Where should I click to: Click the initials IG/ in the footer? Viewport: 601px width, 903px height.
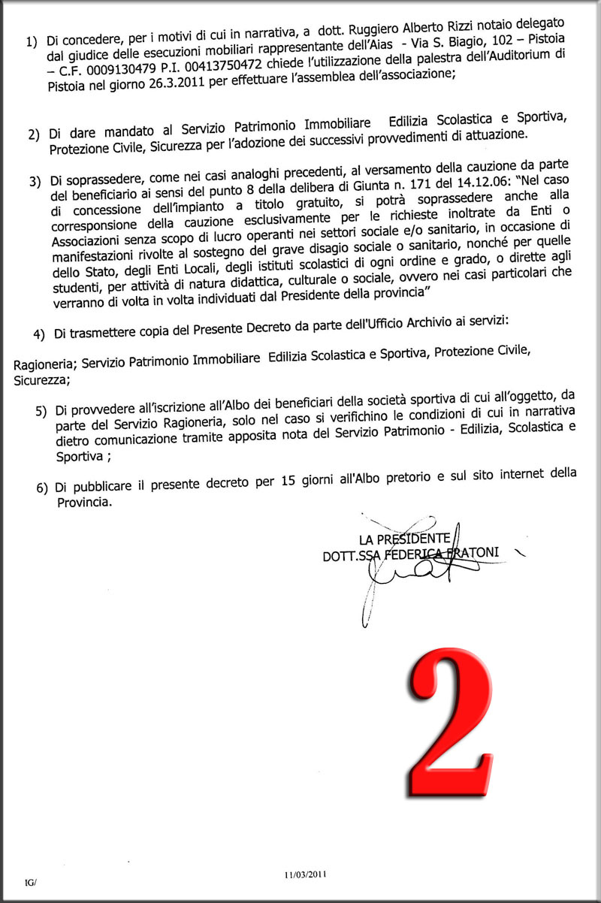point(30,882)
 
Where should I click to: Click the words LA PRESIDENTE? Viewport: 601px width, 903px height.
point(405,539)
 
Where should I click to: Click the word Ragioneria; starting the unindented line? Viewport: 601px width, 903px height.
point(46,364)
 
